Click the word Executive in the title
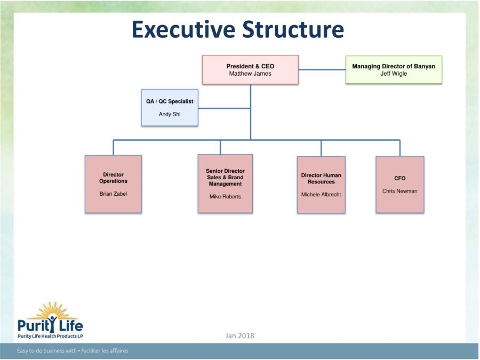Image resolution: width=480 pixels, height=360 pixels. pyautogui.click(x=183, y=30)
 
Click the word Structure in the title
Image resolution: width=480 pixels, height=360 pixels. pyautogui.click(x=293, y=30)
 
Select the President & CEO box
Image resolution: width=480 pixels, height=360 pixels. pyautogui.click(x=250, y=70)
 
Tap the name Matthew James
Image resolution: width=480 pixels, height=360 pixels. pyautogui.click(x=250, y=74)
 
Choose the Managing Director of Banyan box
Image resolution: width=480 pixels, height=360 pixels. pyautogui.click(x=394, y=70)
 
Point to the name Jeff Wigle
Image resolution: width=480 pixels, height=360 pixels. pyautogui.click(x=394, y=74)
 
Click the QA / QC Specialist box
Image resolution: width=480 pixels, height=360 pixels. pyautogui.click(x=170, y=107)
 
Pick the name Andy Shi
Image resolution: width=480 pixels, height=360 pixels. pyautogui.click(x=170, y=114)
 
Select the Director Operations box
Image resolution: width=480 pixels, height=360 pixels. pyautogui.click(x=113, y=184)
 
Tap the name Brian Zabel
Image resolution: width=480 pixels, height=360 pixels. pyautogui.click(x=113, y=194)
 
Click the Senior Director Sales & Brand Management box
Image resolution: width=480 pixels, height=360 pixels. pyautogui.click(x=225, y=183)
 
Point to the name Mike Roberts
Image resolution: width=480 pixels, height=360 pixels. pyautogui.click(x=225, y=196)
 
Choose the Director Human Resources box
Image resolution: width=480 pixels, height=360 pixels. pyautogui.click(x=321, y=185)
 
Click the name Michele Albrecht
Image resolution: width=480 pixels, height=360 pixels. pyautogui.click(x=321, y=194)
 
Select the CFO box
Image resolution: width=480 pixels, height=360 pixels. pyautogui.click(x=400, y=185)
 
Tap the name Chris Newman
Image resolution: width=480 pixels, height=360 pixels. pyautogui.click(x=400, y=191)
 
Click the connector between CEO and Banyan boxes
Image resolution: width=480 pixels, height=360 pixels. pyautogui.click(x=322, y=70)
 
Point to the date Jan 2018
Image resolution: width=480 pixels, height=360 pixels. pyautogui.click(x=239, y=336)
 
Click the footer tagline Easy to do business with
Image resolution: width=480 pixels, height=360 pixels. pyautogui.click(x=46, y=351)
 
